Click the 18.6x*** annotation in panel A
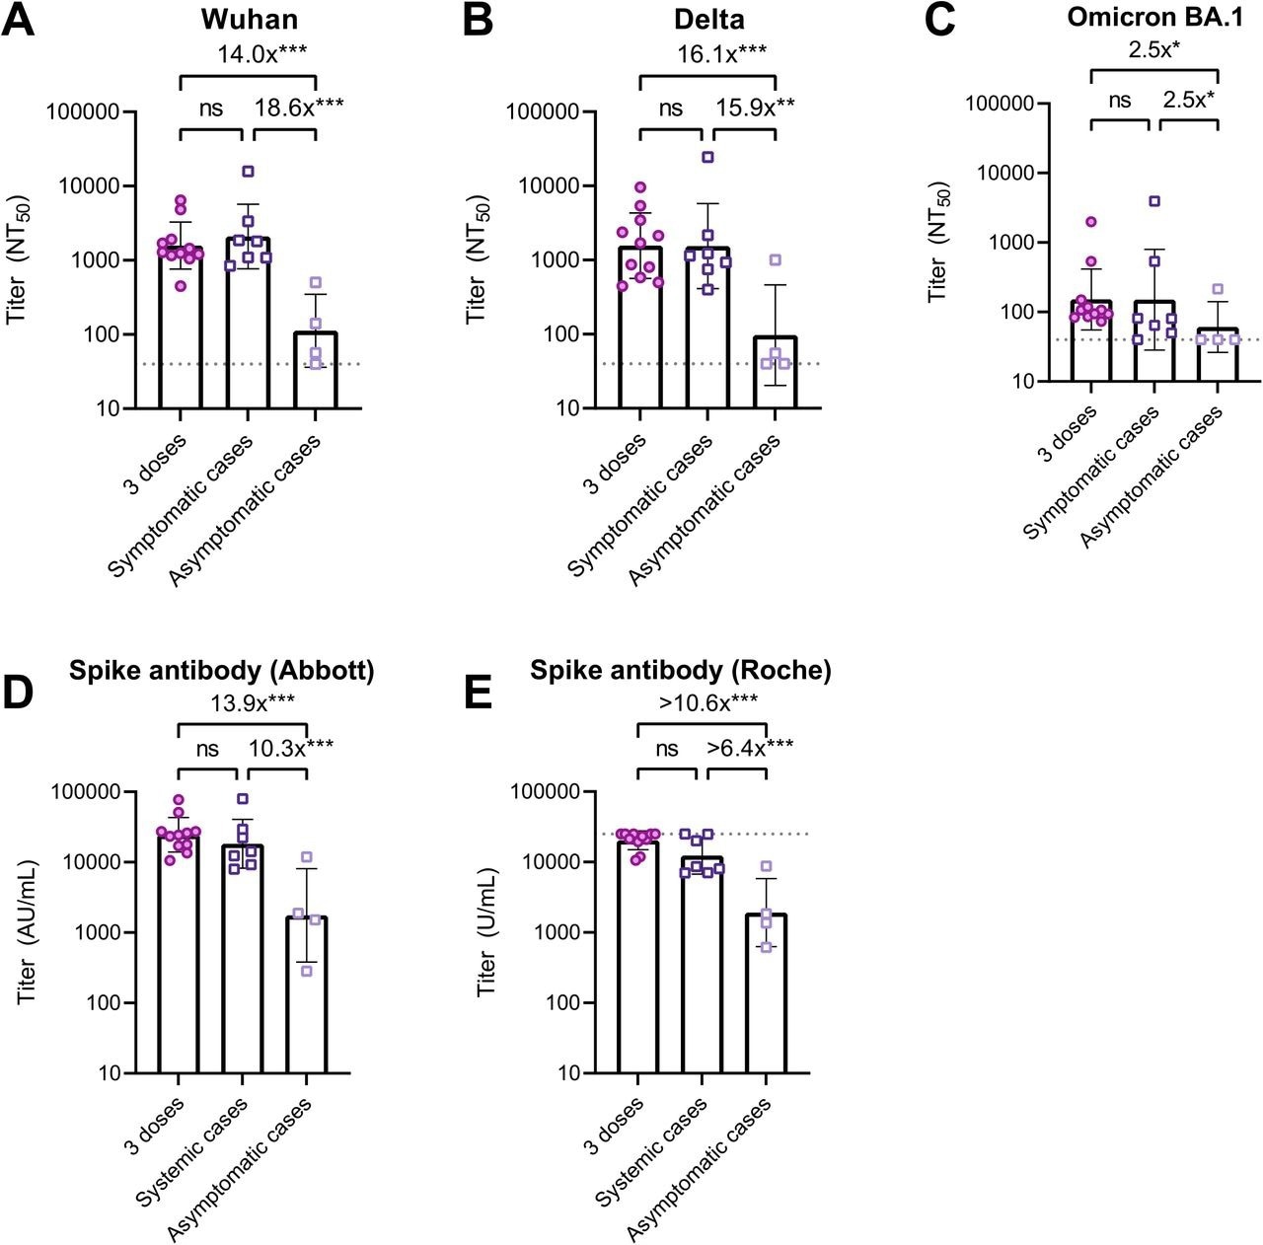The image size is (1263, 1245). pyautogui.click(x=300, y=109)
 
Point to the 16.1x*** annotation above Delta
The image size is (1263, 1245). pyautogui.click(x=706, y=54)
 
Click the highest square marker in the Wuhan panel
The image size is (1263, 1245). pyautogui.click(x=249, y=172)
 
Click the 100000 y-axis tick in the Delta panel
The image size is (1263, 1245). pyautogui.click(x=546, y=111)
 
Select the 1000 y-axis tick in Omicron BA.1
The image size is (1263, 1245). pyautogui.click(x=1010, y=243)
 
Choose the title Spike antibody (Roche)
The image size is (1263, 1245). pyautogui.click(x=681, y=671)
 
